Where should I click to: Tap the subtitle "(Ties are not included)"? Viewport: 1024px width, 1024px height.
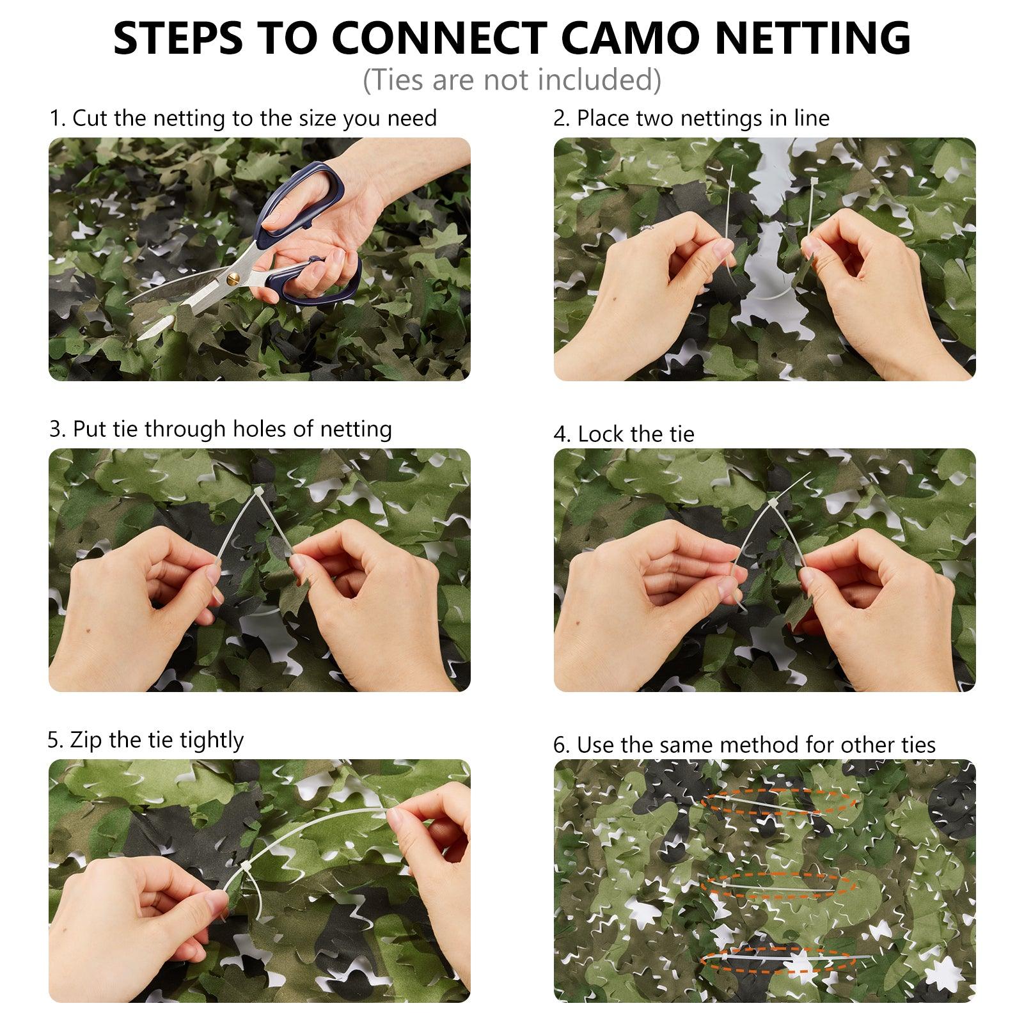coord(512,80)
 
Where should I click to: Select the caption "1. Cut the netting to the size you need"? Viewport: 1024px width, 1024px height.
coord(244,118)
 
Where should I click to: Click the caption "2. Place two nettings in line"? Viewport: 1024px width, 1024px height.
coord(691,118)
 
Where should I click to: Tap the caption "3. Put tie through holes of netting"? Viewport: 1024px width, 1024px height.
coord(221,429)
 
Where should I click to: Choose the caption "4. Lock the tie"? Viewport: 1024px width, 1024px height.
coord(624,434)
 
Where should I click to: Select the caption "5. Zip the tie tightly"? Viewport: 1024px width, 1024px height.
coord(146,740)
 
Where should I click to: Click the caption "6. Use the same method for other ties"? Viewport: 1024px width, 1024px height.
coord(744,745)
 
